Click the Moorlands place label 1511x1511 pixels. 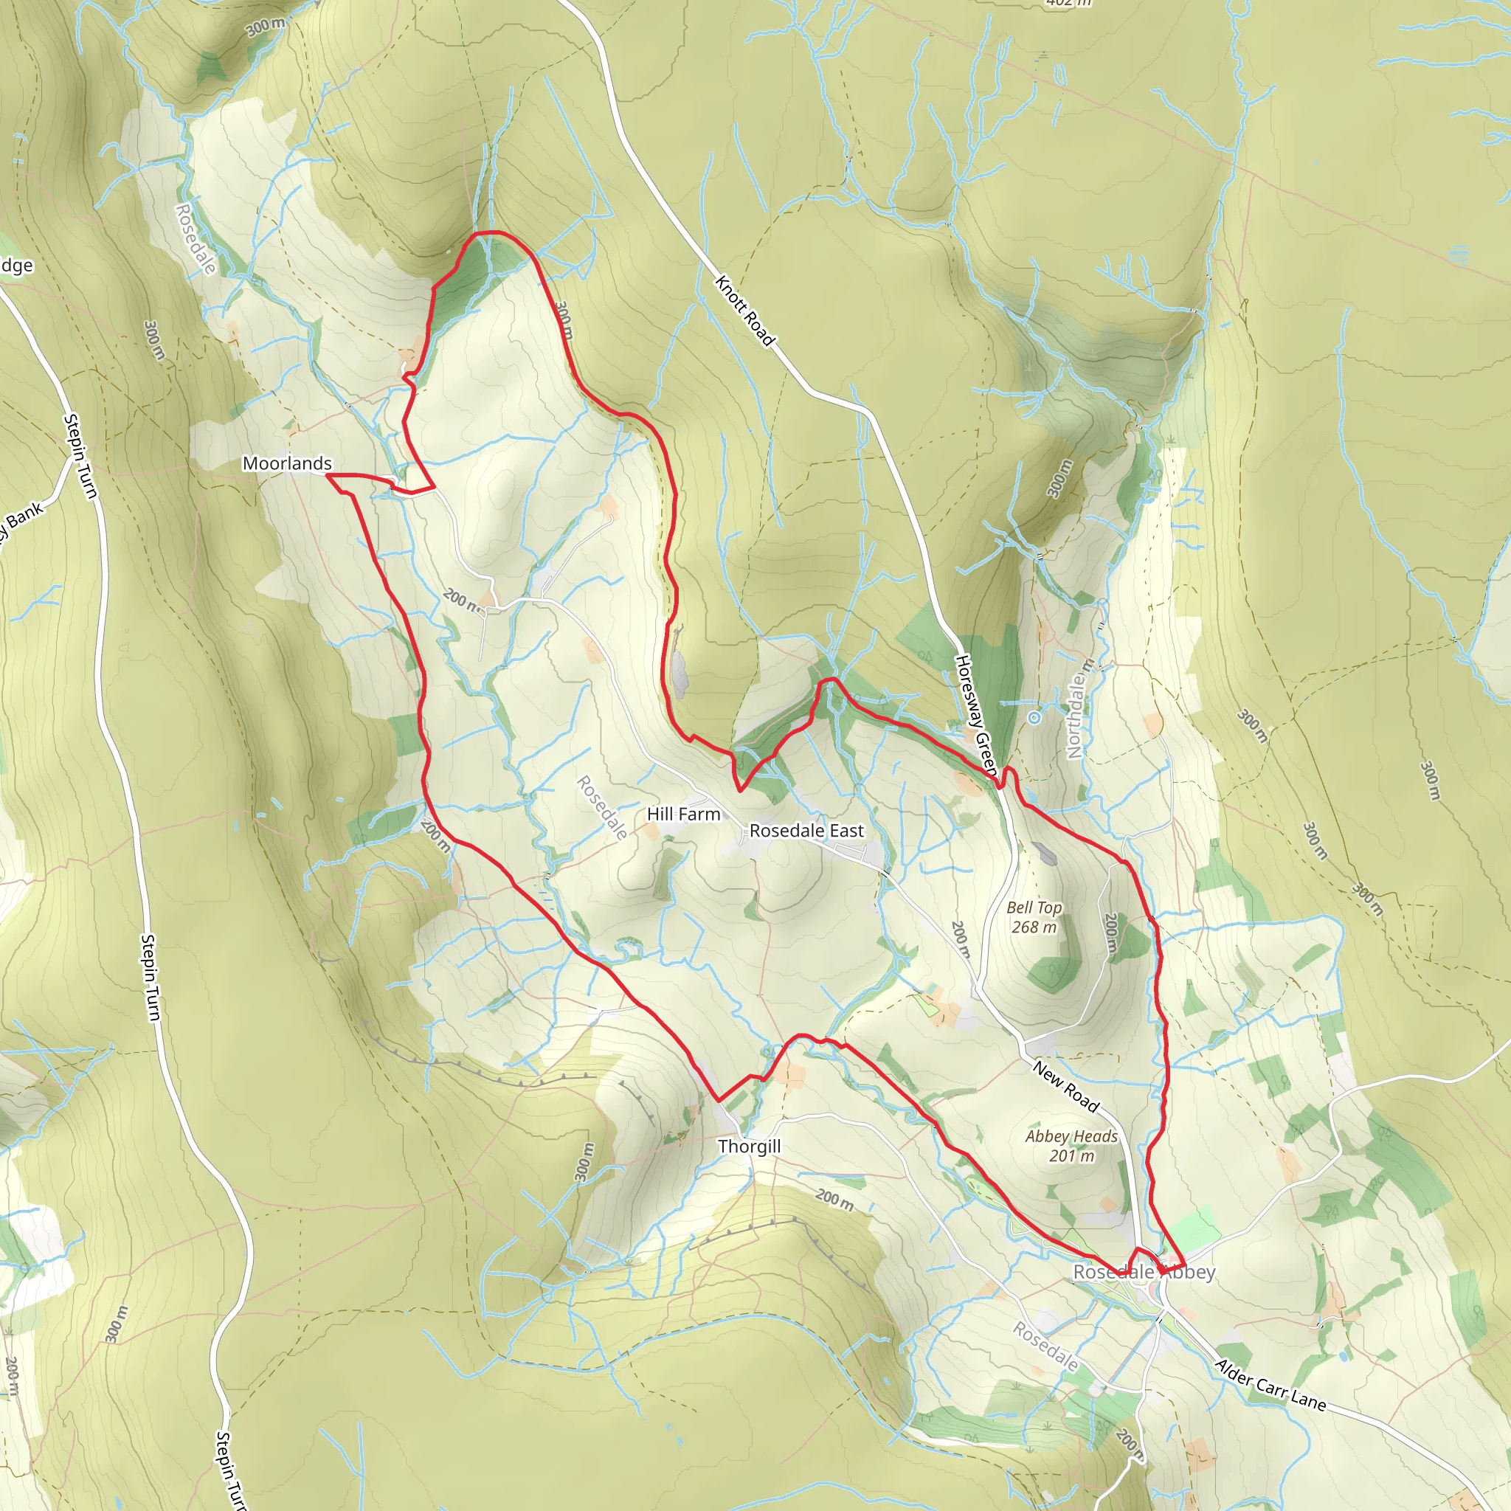point(287,463)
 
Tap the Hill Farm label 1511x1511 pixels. point(683,815)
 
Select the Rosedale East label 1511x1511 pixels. point(806,831)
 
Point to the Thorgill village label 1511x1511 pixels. point(750,1147)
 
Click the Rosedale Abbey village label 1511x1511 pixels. point(1144,1272)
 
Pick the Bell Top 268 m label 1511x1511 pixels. point(1034,916)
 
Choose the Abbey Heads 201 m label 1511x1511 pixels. point(1071,1145)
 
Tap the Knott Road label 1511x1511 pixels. point(744,311)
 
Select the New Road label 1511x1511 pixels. point(1066,1086)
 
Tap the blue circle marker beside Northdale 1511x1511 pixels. point(1034,717)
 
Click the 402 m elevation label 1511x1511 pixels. point(1068,3)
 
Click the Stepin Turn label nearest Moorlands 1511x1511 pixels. point(80,456)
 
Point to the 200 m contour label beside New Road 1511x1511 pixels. point(961,939)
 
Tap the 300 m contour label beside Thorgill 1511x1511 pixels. point(584,1162)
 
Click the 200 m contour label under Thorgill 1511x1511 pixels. point(834,1199)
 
